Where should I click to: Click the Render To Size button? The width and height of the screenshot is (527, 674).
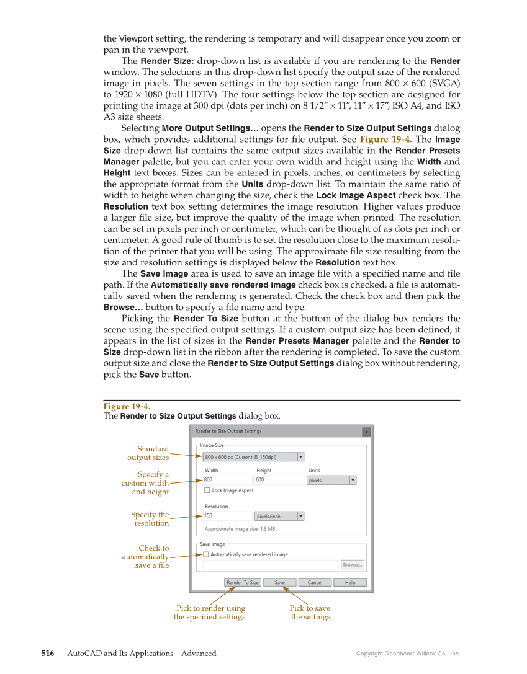243,582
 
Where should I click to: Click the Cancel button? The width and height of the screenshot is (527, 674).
315,582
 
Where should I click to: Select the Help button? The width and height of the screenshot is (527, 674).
350,582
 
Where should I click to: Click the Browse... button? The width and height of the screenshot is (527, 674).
353,565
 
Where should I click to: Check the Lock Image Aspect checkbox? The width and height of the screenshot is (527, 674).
207,490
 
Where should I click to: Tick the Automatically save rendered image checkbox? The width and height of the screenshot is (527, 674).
207,554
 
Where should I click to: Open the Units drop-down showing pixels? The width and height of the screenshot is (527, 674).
331,480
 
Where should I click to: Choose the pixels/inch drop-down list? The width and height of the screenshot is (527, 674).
279,516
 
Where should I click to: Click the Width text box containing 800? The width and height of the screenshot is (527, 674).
227,479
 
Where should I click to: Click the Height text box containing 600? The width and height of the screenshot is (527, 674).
279,479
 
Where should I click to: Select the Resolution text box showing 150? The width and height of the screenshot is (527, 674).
227,516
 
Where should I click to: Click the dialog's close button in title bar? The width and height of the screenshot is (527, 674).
366,432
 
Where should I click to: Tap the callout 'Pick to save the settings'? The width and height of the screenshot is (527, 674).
310,613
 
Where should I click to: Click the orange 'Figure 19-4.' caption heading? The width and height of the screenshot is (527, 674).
127,406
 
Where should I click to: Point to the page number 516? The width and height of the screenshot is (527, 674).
48,654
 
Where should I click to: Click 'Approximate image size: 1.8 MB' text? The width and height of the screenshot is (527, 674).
240,529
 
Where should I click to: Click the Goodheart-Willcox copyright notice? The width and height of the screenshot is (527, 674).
408,654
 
